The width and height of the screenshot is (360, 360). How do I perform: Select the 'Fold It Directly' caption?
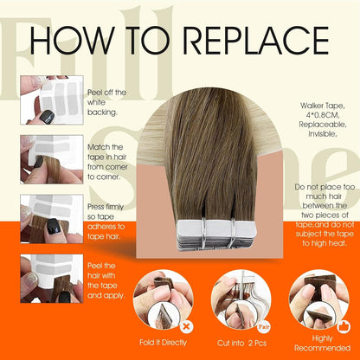pos(159,344)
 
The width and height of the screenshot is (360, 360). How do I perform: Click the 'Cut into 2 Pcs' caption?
pos(235,344)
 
